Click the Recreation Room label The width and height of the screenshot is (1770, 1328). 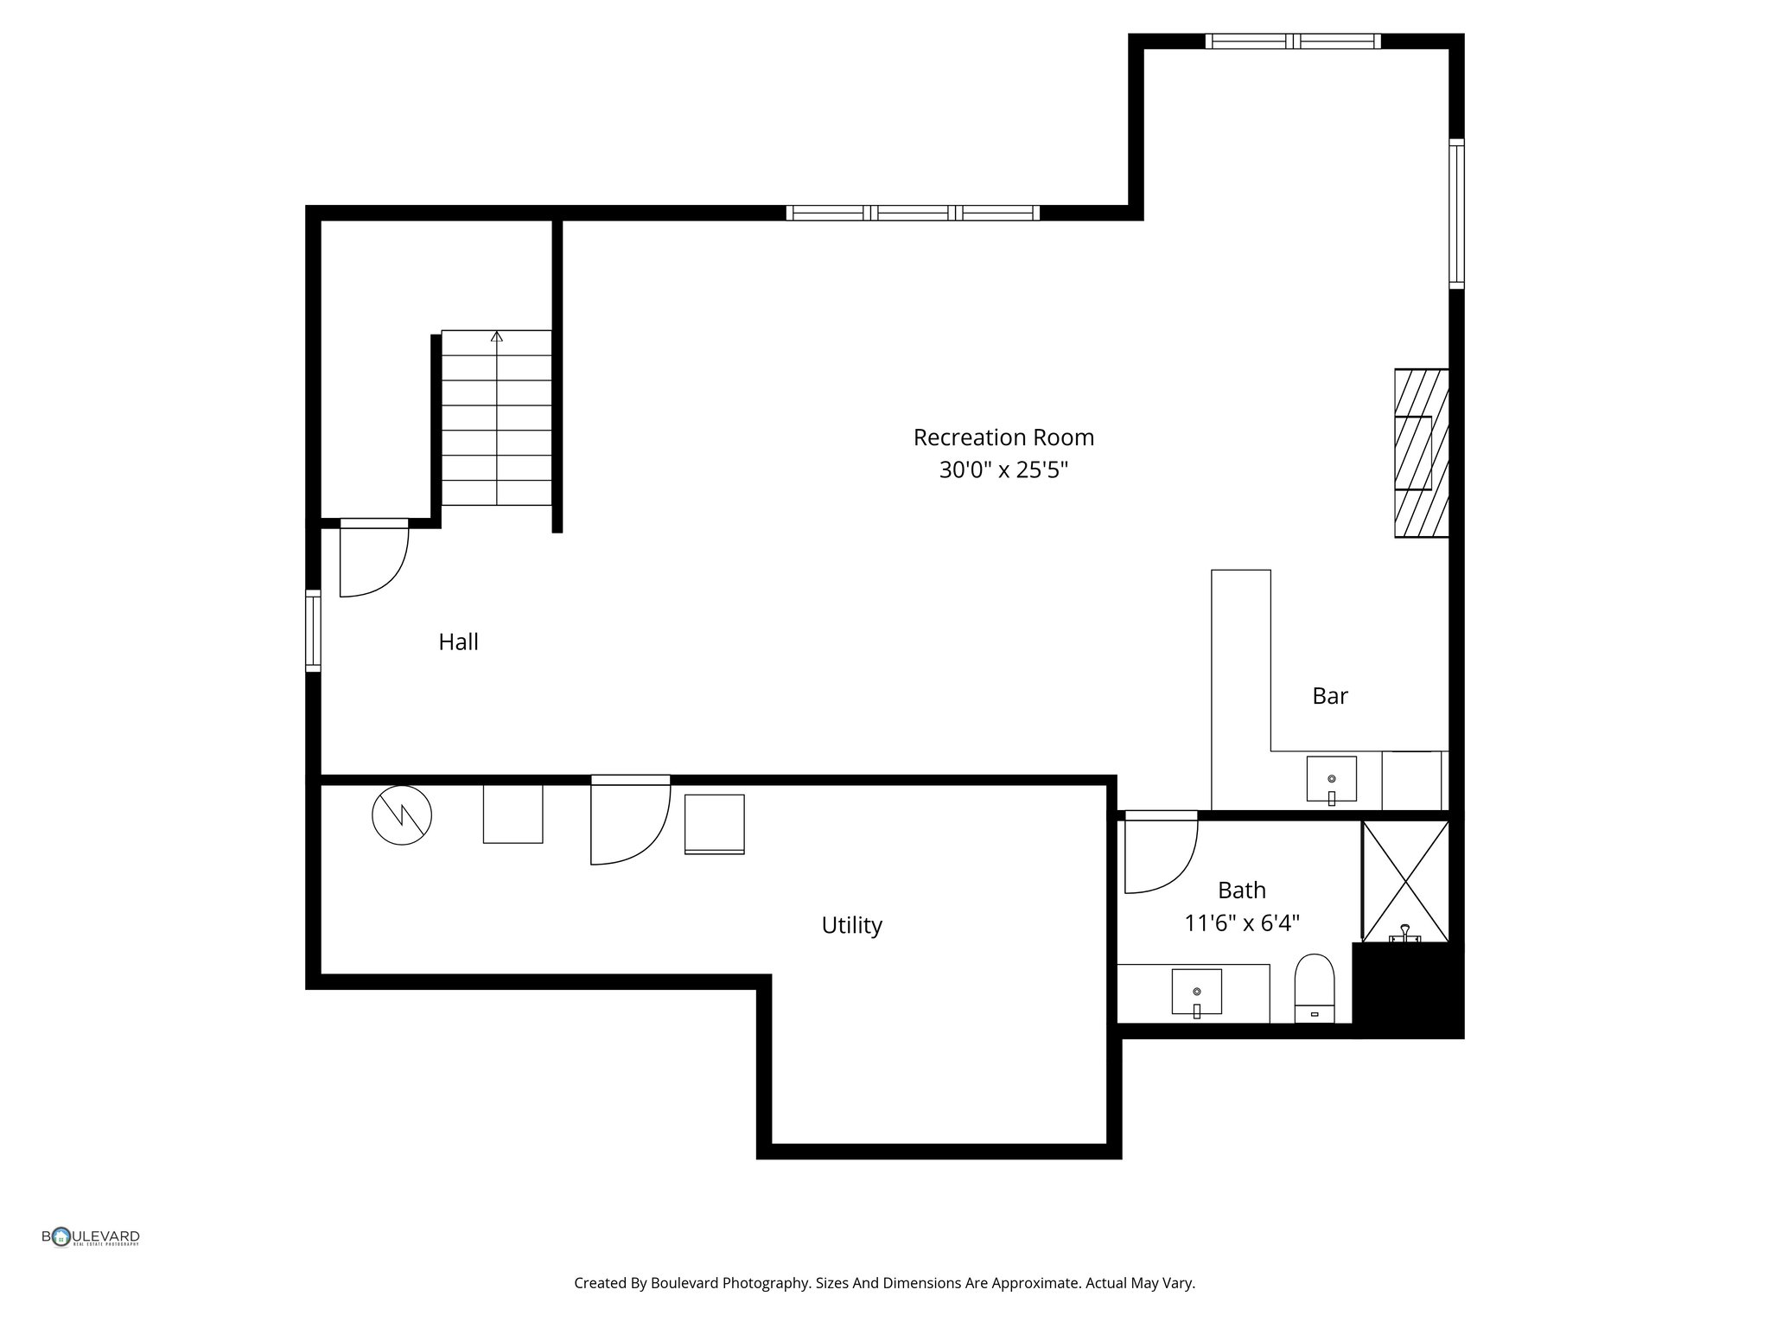(1003, 437)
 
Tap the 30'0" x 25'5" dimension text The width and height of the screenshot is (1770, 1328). (1003, 470)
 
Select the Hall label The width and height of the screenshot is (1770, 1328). (458, 642)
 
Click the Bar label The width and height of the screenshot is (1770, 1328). (1329, 696)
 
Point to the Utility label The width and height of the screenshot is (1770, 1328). (851, 925)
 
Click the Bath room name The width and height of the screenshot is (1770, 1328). (1241, 890)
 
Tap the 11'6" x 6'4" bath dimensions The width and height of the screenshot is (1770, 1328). (1241, 923)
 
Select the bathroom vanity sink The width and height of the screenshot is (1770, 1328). (1196, 992)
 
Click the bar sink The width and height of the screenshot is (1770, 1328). (1331, 779)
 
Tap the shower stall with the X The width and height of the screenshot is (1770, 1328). (1405, 880)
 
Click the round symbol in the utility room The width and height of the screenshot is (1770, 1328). (402, 814)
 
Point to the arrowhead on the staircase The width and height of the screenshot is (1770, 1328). (497, 336)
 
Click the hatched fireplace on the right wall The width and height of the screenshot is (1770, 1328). (1421, 453)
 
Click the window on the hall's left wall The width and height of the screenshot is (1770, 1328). (313, 630)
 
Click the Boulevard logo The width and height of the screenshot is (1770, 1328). (91, 1237)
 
